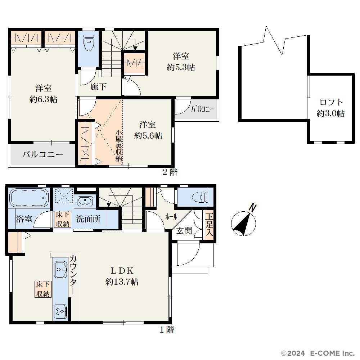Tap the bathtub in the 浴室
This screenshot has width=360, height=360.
pos(29,198)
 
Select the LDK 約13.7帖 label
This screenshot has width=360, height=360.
pos(122,276)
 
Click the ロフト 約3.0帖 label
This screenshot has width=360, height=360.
pos(331,108)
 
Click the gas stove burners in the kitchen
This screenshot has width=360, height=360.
pos(60,311)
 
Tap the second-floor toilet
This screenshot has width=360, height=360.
pos(89,43)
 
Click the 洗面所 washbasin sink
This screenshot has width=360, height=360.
pos(85,201)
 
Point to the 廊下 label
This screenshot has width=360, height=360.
pos(98,87)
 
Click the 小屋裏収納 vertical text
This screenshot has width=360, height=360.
pos(119,146)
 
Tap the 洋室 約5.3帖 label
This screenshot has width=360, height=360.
pos(181,62)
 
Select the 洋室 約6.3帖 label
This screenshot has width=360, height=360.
pos(44,94)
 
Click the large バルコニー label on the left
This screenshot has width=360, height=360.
pos(43,154)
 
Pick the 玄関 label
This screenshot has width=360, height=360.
pos(184,230)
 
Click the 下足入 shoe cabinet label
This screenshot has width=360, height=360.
pos(209,225)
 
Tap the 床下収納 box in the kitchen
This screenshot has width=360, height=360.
pos(43,289)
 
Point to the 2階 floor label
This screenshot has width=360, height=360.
pos(170,172)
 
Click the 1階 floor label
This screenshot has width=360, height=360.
pos(167,330)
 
